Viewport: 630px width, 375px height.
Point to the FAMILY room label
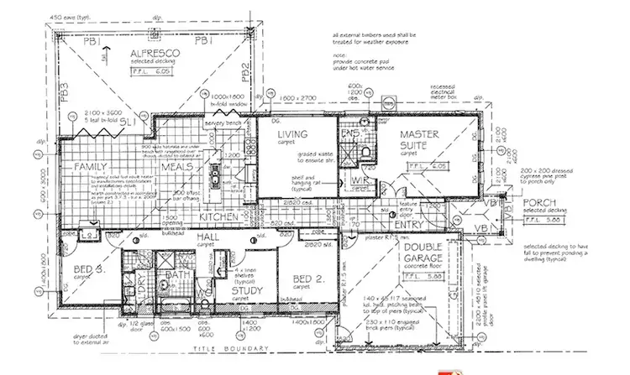click(x=91, y=168)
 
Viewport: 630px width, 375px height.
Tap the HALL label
click(x=206, y=239)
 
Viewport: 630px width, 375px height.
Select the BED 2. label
click(x=306, y=279)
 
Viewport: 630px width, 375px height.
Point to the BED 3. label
click(x=87, y=269)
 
